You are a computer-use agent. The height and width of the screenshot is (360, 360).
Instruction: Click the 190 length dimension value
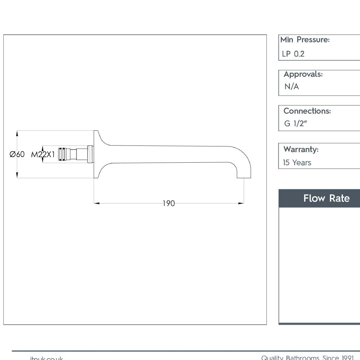(x=169, y=203)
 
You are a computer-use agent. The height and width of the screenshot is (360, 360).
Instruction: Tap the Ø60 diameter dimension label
(x=17, y=154)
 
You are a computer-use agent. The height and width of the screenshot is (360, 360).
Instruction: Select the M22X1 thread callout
(x=43, y=154)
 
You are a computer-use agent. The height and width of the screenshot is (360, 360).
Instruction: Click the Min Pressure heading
(x=305, y=40)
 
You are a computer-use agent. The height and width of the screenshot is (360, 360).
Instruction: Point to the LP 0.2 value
(x=293, y=54)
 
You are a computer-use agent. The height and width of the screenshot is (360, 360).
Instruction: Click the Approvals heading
(x=303, y=74)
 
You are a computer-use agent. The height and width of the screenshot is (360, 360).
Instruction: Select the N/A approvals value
(x=292, y=87)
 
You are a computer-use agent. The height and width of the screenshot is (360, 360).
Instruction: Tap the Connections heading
(x=307, y=111)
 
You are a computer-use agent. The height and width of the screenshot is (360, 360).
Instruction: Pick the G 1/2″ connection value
(x=295, y=123)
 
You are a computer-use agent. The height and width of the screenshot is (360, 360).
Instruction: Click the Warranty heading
(x=301, y=149)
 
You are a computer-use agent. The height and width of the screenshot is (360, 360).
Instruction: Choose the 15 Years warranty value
(x=297, y=163)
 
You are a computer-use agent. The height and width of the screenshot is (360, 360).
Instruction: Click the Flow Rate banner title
(x=326, y=198)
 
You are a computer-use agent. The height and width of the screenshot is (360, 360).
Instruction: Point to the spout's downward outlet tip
(x=244, y=176)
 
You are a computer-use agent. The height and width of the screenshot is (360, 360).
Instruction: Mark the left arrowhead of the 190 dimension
(x=97, y=203)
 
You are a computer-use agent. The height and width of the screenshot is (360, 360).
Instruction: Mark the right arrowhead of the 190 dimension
(x=241, y=203)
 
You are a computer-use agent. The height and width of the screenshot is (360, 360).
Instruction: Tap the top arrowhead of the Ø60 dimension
(x=17, y=133)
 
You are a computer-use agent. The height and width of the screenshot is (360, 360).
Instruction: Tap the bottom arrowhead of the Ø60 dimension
(x=17, y=175)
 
